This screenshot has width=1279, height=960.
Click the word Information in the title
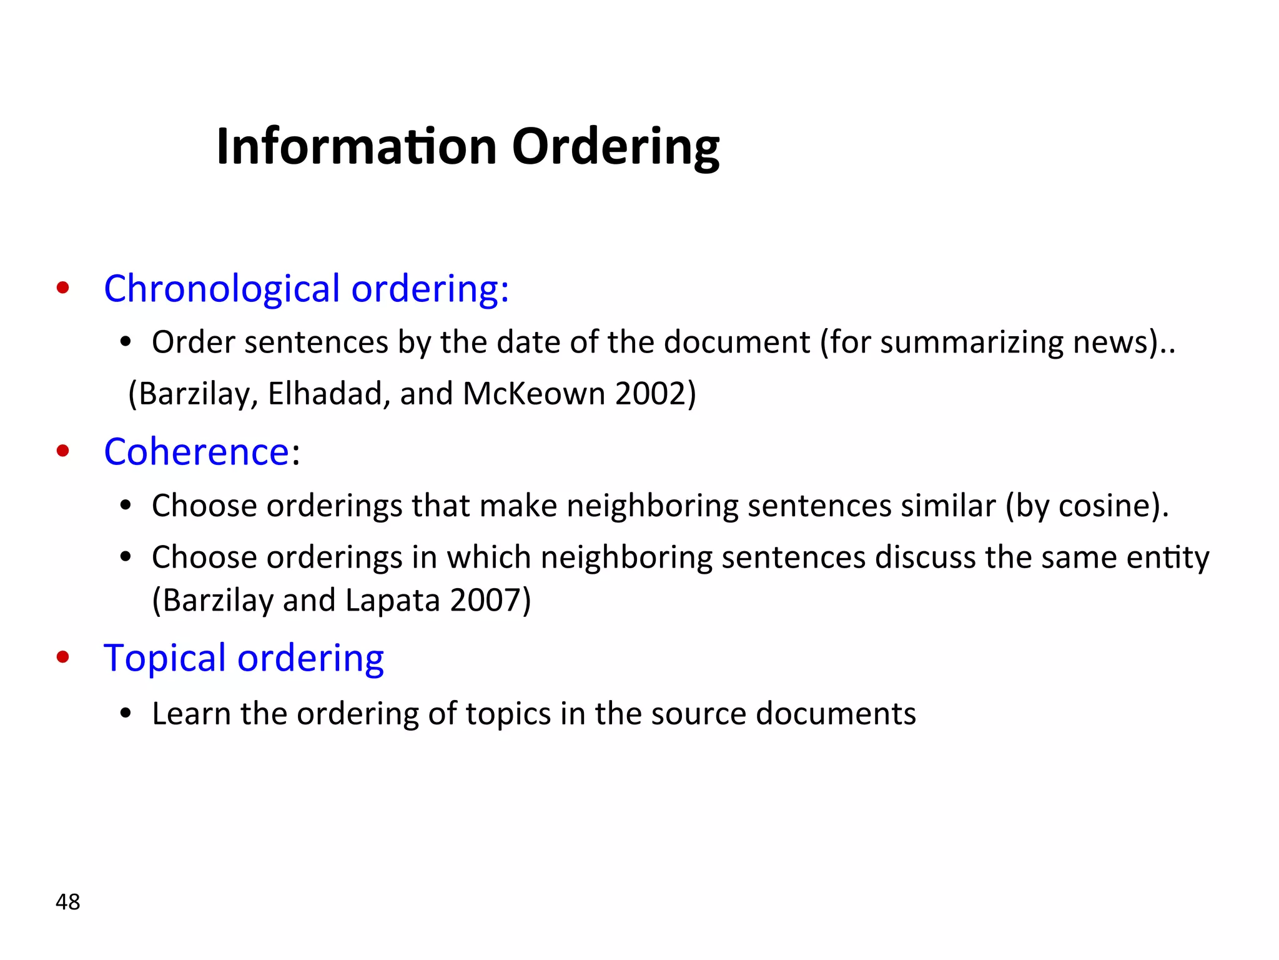click(x=357, y=146)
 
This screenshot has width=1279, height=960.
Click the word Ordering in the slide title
click(x=615, y=146)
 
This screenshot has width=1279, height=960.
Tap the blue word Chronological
click(x=222, y=289)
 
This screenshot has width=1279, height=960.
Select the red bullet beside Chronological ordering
click(x=62, y=288)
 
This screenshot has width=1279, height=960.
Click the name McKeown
click(x=534, y=394)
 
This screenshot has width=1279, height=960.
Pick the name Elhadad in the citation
click(x=325, y=394)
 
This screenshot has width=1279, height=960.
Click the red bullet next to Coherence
click(x=62, y=451)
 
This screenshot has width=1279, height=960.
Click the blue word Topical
click(x=164, y=658)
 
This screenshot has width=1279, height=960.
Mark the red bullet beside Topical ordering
click(x=62, y=657)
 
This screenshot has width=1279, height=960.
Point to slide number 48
click(x=67, y=902)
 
